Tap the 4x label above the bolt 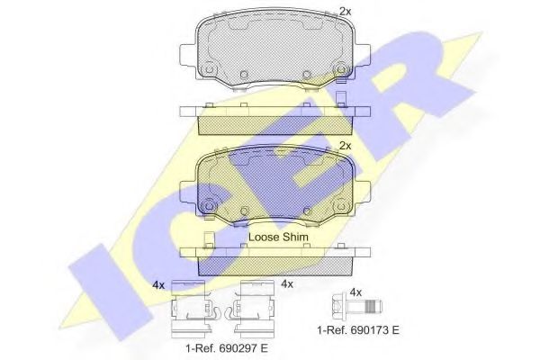[x=355, y=292]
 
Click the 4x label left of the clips [x=158, y=285]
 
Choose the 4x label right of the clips [x=288, y=284]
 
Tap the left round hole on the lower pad [x=208, y=203]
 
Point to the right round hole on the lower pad [x=340, y=203]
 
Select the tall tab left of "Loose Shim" [x=209, y=240]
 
